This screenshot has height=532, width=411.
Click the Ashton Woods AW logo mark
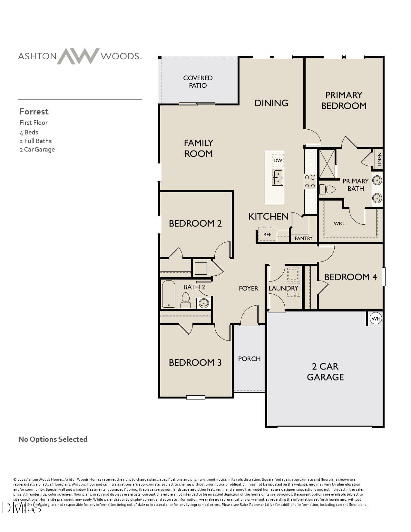pyautogui.click(x=78, y=56)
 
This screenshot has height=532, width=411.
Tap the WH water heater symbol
pyautogui.click(x=376, y=319)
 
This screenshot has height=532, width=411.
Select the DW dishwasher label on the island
pyautogui.click(x=278, y=160)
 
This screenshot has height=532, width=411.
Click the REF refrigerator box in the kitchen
pyautogui.click(x=267, y=234)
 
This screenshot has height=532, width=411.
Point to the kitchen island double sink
pyautogui.click(x=277, y=178)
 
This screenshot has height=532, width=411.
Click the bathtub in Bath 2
pyautogui.click(x=169, y=294)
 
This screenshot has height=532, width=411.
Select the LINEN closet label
pyautogui.click(x=379, y=159)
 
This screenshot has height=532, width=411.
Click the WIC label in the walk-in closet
pyautogui.click(x=338, y=223)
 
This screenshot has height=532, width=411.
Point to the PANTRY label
pyautogui.click(x=303, y=238)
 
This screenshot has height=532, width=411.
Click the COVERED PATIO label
pyautogui.click(x=198, y=82)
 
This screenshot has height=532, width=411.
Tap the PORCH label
pyautogui.click(x=249, y=359)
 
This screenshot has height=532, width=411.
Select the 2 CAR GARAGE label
pyautogui.click(x=325, y=371)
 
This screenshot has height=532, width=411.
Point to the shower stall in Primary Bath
pyautogui.click(x=327, y=163)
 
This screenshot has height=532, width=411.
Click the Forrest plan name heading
pyautogui.click(x=34, y=112)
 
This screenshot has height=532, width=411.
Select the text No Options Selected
pyautogui.click(x=53, y=439)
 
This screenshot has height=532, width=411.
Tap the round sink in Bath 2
pyautogui.click(x=203, y=303)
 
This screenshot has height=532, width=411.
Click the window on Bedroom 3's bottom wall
pyautogui.click(x=196, y=397)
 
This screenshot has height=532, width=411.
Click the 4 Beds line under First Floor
pyautogui.click(x=29, y=132)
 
